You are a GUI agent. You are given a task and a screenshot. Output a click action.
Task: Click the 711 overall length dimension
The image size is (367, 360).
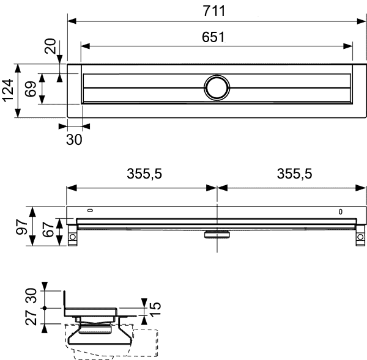click(x=214, y=11)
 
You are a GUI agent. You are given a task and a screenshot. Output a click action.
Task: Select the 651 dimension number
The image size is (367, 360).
click(x=213, y=37)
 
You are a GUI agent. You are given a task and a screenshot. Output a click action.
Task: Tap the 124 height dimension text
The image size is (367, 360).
click(x=8, y=90)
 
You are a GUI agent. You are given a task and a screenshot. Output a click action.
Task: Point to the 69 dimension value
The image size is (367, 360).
click(x=31, y=89)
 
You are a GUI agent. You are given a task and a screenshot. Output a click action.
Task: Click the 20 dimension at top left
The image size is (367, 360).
click(x=50, y=46)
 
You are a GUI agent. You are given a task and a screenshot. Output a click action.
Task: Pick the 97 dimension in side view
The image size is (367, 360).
click(x=22, y=227)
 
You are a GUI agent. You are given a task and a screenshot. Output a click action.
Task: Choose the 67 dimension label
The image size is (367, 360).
click(x=48, y=229)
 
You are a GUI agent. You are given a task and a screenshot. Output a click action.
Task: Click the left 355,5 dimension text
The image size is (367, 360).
click(x=144, y=174)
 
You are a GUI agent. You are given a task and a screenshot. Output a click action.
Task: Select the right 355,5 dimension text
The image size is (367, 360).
click(x=294, y=174)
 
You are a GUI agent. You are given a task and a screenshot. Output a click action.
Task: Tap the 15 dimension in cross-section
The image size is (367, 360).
click(x=155, y=309)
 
